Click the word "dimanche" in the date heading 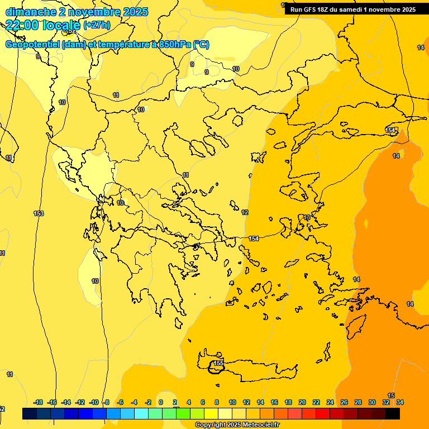point(28,12)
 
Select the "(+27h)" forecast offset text point(97,25)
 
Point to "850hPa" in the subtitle point(174,45)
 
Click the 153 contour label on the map point(39,213)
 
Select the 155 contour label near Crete point(218,363)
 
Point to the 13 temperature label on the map point(307,217)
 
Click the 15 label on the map point(391,395)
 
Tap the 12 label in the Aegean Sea point(245,212)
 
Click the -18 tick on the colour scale point(39,402)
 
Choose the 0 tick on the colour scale point(161,402)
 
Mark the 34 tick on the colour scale point(399,402)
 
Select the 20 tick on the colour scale point(302,402)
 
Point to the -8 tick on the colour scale point(106,402)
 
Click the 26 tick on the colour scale point(344,402)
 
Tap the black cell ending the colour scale point(393,413)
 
